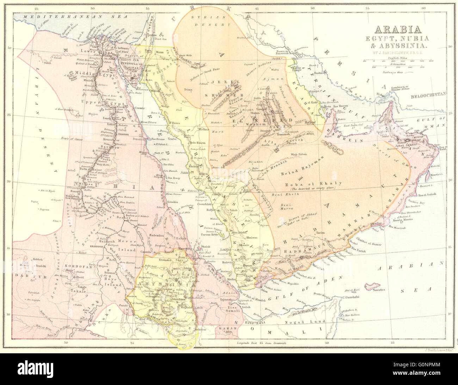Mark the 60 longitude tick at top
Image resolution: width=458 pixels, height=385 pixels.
(x=423, y=8)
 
